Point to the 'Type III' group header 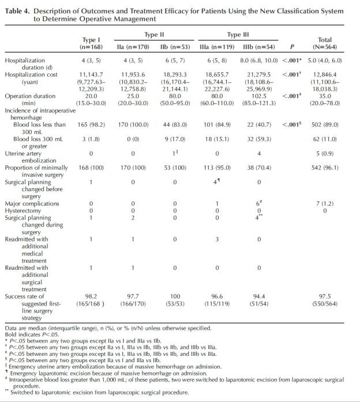pos(238,35)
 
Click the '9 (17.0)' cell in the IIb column pos(175,139)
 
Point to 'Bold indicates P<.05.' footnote pos(34,334)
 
